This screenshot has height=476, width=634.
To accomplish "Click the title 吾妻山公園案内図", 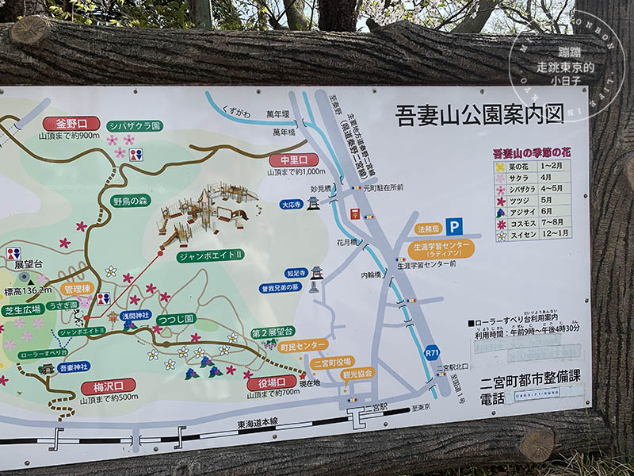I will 479,115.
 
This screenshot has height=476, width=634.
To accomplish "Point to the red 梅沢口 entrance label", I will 108,386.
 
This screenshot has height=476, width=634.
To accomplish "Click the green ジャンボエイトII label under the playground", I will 212,254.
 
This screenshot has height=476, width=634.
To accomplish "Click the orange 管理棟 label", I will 77,289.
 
